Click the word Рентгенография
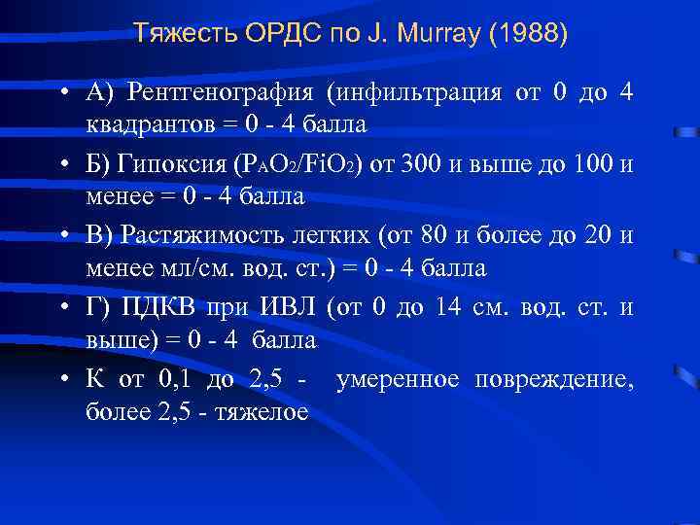pyautogui.click(x=222, y=92)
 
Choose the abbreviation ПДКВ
pyautogui.click(x=159, y=308)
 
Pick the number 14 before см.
pyautogui.click(x=448, y=308)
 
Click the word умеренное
pyautogui.click(x=398, y=378)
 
